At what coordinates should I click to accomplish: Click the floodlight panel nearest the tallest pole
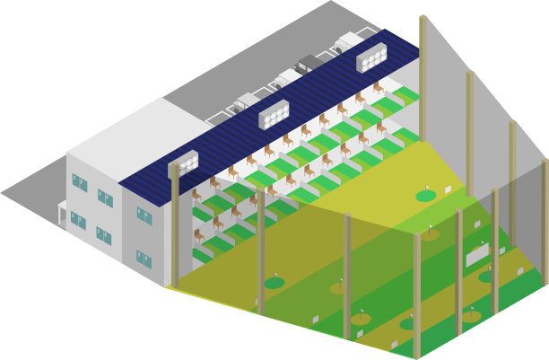371,58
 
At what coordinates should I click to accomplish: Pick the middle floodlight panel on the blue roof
274,114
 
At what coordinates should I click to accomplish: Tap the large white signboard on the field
476,256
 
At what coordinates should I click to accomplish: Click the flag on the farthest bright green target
427,189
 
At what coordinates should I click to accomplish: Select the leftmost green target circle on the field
274,283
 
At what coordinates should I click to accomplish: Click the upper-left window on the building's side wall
79,182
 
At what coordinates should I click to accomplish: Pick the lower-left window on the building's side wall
79,220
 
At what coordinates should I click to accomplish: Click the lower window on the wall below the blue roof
144,259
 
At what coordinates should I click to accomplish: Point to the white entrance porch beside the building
62,214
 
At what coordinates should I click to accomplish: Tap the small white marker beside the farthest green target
448,189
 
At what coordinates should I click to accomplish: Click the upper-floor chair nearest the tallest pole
379,89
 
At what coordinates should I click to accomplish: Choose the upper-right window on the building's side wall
105,198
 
